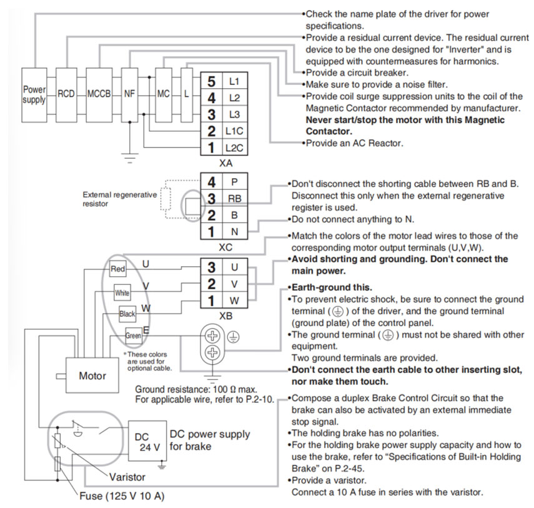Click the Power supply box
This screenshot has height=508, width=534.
[34, 94]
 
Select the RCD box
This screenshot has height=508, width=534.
[66, 94]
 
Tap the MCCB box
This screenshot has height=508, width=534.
[99, 94]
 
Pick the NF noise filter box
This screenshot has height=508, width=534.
[129, 94]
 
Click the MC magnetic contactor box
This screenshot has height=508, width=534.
[164, 94]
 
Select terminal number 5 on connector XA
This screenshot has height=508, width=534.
[211, 81]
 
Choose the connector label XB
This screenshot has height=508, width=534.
[226, 316]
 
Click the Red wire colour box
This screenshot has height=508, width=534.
[117, 269]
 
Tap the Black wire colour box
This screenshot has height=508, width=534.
[127, 314]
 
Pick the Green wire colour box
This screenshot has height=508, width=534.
[133, 336]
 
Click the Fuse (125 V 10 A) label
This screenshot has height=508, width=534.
[122, 497]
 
